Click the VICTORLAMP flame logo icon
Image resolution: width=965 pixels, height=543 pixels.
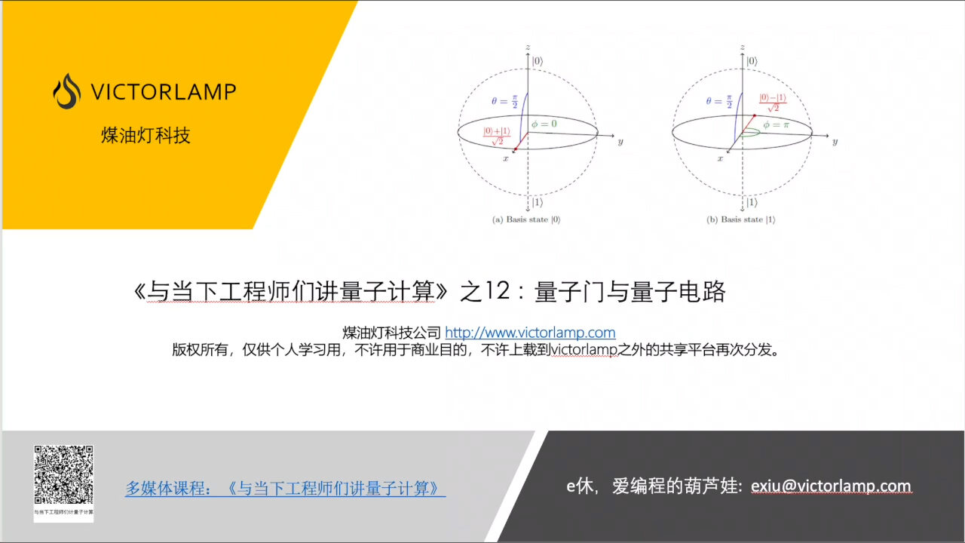pyautogui.click(x=67, y=91)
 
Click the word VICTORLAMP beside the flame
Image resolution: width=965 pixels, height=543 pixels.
pyautogui.click(x=163, y=92)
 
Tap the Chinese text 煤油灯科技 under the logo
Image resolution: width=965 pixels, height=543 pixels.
pyautogui.click(x=146, y=135)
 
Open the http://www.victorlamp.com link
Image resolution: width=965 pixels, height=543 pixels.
pyautogui.click(x=530, y=333)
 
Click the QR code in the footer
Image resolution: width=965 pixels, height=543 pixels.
pyautogui.click(x=63, y=476)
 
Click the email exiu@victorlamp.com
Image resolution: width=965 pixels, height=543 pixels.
pyautogui.click(x=831, y=486)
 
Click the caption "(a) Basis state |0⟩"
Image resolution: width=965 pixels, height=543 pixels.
pyautogui.click(x=526, y=220)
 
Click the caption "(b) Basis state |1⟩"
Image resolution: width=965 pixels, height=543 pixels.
pyautogui.click(x=741, y=220)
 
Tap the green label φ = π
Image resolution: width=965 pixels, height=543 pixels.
pyautogui.click(x=774, y=124)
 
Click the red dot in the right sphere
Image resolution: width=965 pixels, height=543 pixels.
pyautogui.click(x=754, y=115)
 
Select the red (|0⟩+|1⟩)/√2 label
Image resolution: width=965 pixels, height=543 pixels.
pyautogui.click(x=496, y=136)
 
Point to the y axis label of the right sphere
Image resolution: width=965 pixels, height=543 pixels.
pyautogui.click(x=835, y=141)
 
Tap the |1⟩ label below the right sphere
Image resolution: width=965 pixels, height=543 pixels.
pyautogui.click(x=751, y=201)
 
